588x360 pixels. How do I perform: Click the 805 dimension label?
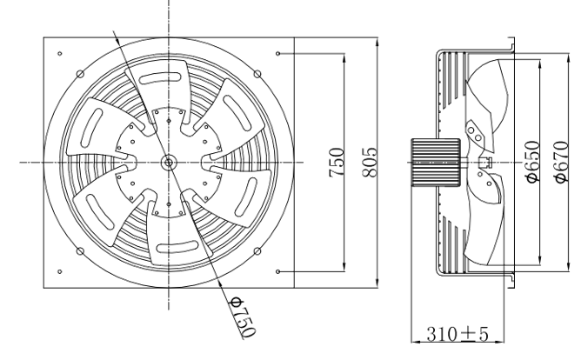pyautogui.click(x=370, y=162)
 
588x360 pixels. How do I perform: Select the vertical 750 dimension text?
pyautogui.click(x=337, y=163)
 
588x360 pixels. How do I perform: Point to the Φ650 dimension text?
pyautogui.click(x=533, y=162)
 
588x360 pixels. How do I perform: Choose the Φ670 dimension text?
pyautogui.click(x=563, y=162)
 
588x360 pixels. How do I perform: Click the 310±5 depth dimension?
pyautogui.click(x=458, y=334)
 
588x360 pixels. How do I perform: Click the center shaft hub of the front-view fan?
pyautogui.click(x=169, y=163)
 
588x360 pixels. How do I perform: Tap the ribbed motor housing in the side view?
pyautogui.click(x=436, y=162)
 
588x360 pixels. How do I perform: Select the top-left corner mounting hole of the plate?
pyautogui.click(x=60, y=54)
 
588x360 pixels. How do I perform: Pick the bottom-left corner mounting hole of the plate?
pyautogui.click(x=60, y=271)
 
